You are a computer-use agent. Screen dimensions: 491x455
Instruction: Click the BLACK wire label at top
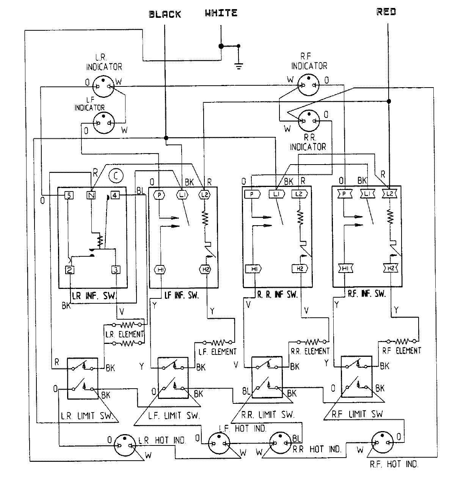pyautogui.click(x=165, y=15)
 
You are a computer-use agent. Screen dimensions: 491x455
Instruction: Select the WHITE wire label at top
pyautogui.click(x=221, y=13)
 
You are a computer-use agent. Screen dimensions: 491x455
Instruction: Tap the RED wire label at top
pyautogui.click(x=386, y=12)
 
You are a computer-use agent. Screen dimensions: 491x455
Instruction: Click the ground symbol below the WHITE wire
pyautogui.click(x=238, y=66)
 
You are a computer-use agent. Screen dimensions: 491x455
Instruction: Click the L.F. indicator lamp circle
pyautogui.click(x=104, y=123)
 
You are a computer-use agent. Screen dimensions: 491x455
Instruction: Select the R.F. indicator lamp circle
pyautogui.click(x=309, y=85)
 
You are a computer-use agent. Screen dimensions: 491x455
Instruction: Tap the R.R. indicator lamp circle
pyautogui.click(x=309, y=121)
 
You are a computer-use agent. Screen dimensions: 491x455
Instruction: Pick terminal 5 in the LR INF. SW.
pyautogui.click(x=68, y=195)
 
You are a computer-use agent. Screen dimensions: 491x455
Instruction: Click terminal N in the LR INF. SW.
pyautogui.click(x=91, y=195)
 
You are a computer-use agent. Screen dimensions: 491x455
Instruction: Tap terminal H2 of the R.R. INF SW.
pyautogui.click(x=300, y=269)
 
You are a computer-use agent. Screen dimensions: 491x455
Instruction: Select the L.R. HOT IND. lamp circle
pyautogui.click(x=125, y=444)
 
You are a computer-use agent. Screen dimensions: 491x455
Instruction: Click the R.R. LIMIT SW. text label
pyautogui.click(x=267, y=414)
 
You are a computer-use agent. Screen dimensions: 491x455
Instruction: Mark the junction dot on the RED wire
pyautogui.click(x=388, y=101)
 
